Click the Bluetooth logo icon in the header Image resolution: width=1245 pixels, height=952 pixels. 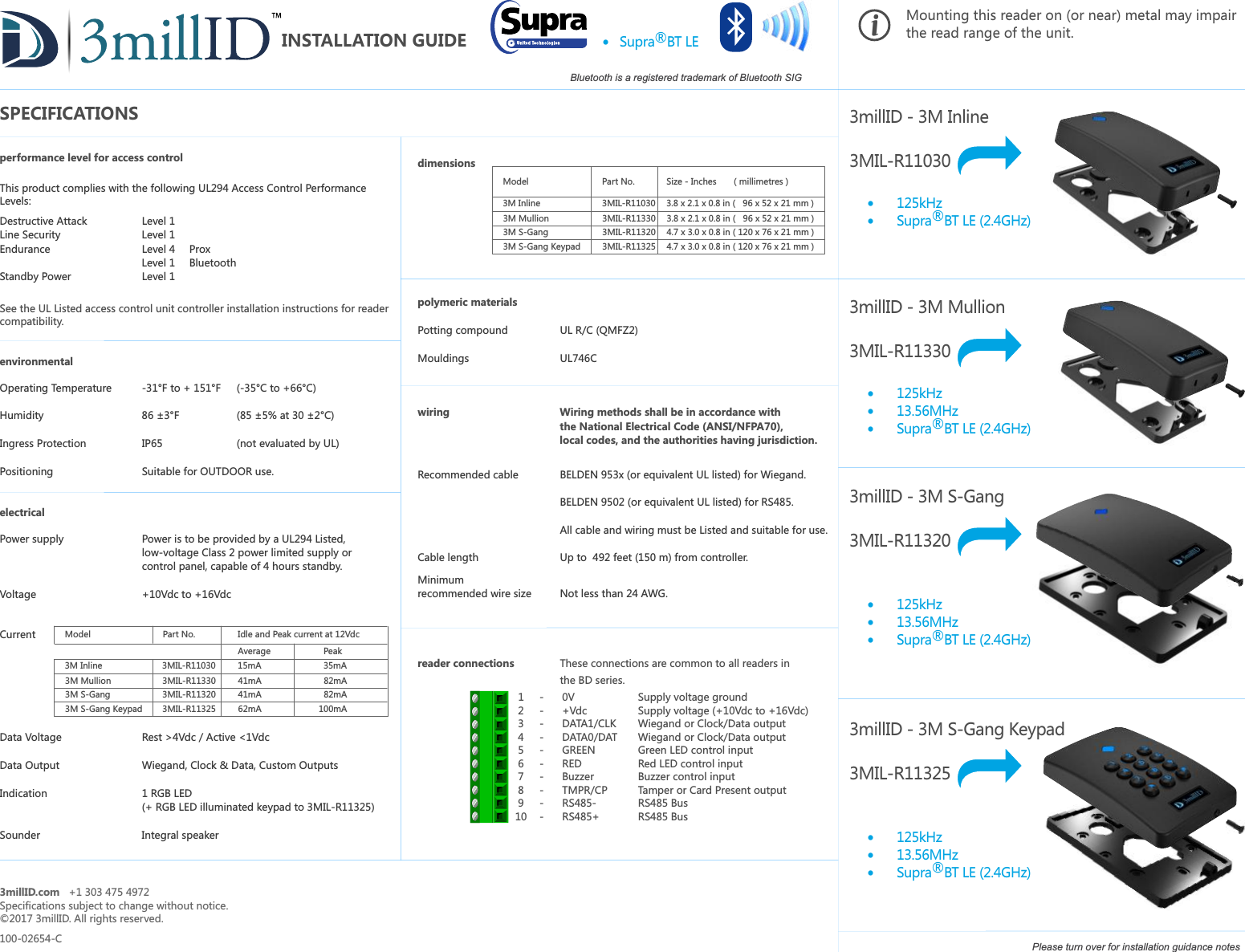pos(736,27)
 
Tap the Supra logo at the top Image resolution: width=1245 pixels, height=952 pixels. pos(540,26)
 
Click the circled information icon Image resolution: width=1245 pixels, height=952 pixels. pos(874,25)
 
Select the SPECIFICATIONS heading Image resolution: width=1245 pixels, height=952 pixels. pos(69,113)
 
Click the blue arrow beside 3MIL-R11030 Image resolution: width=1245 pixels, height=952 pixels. pos(990,155)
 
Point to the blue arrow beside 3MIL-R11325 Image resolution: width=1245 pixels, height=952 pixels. pos(990,768)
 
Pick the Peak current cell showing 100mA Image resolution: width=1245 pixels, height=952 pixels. pos(332,709)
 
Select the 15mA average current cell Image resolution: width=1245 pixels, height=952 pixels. pos(250,665)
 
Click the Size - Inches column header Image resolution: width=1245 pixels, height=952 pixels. pos(691,181)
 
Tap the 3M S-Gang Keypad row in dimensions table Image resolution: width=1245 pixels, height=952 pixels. pos(541,246)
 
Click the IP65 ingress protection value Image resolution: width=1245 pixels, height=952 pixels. pos(152,443)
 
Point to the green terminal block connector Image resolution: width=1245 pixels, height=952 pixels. pos(489,756)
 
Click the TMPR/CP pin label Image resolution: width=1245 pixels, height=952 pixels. pos(584,790)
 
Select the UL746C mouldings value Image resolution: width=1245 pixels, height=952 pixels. pos(578,358)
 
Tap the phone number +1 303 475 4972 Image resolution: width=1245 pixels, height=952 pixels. pos(109,892)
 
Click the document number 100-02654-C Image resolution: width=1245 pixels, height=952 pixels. pos(31,938)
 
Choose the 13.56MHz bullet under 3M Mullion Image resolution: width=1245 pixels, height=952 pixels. pos(927,411)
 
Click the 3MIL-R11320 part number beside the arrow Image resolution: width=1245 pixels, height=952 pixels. pos(900,540)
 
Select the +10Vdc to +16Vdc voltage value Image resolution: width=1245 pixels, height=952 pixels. pos(186,594)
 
